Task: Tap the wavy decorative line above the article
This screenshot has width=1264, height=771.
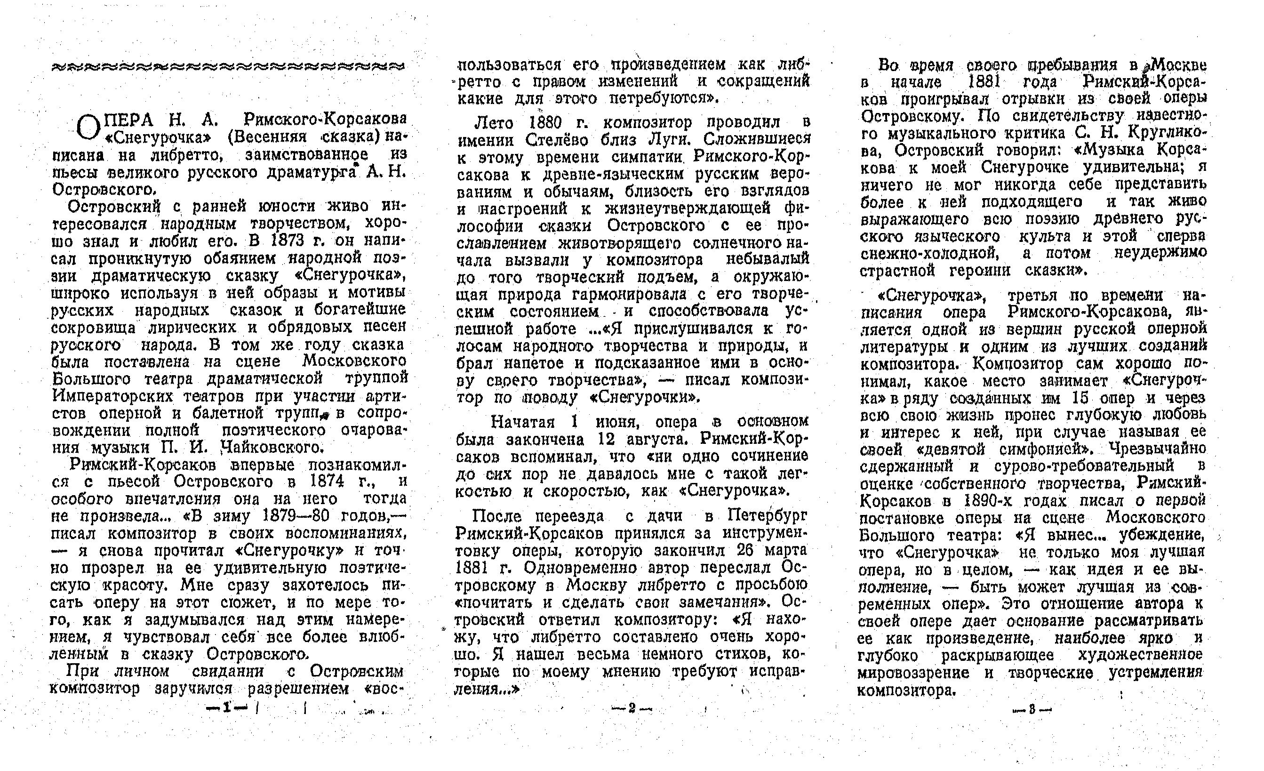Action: click(228, 67)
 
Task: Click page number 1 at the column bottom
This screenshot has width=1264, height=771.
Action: click(226, 708)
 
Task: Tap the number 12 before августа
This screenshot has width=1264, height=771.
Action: click(610, 440)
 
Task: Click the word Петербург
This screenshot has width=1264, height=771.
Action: click(767, 515)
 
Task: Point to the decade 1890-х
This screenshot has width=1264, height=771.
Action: click(989, 500)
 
